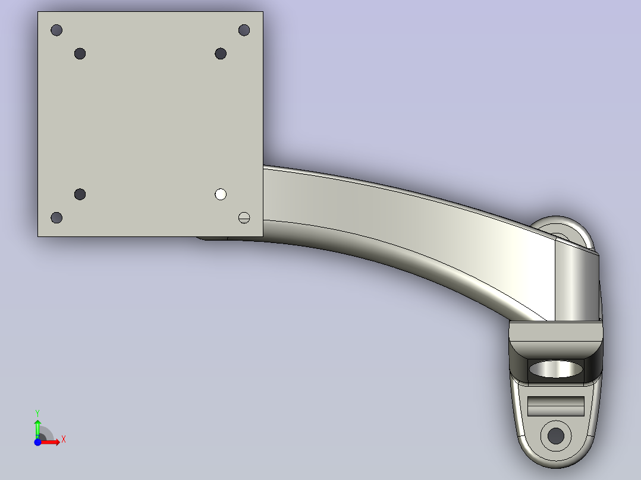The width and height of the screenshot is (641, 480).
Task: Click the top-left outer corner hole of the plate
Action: click(56, 30)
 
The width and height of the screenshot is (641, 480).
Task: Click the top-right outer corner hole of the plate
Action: click(244, 30)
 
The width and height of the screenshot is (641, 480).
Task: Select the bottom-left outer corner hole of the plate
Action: click(56, 218)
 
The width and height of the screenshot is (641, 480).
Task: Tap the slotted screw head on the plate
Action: click(244, 218)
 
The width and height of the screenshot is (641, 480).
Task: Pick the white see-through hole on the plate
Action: click(221, 194)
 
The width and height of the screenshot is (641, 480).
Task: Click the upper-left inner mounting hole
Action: click(80, 53)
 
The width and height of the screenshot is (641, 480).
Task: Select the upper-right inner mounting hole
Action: click(221, 53)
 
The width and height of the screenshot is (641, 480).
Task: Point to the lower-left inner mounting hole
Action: click(80, 194)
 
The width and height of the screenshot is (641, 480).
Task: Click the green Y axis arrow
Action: click(37, 429)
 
